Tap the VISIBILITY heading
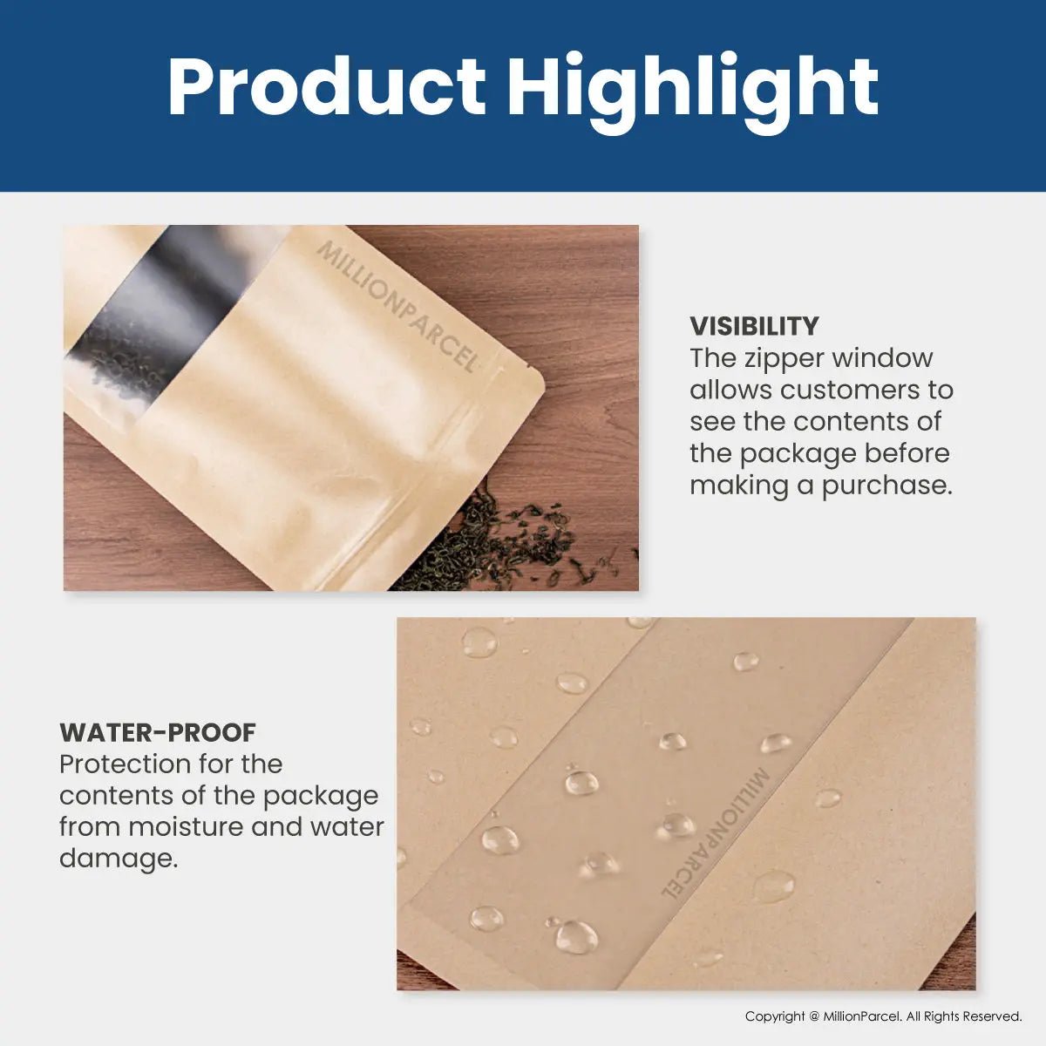[754, 326]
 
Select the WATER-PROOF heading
[158, 732]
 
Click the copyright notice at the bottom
[883, 1016]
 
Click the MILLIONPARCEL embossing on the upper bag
[397, 306]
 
